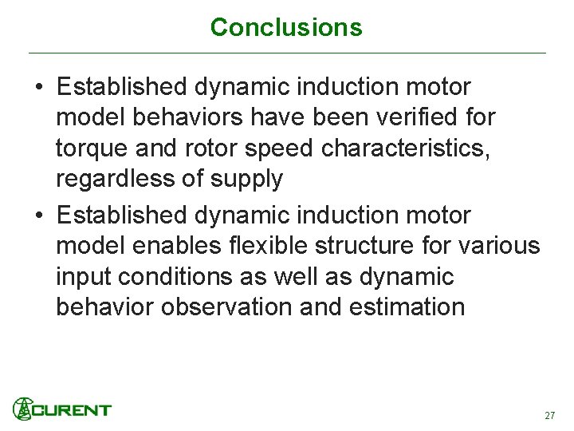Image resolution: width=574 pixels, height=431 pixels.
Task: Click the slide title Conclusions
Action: [x=286, y=28]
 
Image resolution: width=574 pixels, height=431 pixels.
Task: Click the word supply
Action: [x=245, y=180]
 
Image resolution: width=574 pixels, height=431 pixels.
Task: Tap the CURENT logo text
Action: [x=72, y=410]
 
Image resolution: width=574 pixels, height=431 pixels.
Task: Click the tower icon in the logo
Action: [x=23, y=409]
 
